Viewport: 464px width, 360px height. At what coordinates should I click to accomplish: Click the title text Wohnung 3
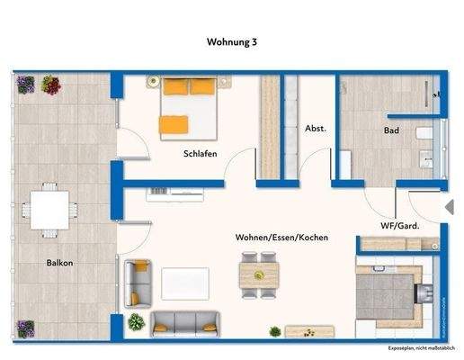tap(232, 41)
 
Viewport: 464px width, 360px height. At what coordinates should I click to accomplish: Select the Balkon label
tap(60, 263)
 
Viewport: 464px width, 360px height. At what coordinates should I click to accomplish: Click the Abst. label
tap(316, 128)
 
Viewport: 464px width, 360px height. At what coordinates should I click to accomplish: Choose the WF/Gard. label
tap(401, 226)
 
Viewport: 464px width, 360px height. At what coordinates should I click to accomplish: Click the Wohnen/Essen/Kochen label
tap(281, 238)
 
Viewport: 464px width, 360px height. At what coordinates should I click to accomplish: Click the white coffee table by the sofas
tap(184, 283)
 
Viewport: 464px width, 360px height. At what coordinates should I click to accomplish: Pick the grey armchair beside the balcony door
tap(138, 281)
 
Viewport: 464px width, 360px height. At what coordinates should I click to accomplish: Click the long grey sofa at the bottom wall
tap(184, 323)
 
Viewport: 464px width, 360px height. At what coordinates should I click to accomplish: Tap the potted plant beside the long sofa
tap(136, 322)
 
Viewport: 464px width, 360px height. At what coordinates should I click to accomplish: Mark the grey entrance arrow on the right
tap(449, 208)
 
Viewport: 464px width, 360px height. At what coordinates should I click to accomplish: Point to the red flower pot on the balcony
tap(50, 85)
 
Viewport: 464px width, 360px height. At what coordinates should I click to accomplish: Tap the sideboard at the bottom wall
tap(302, 332)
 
